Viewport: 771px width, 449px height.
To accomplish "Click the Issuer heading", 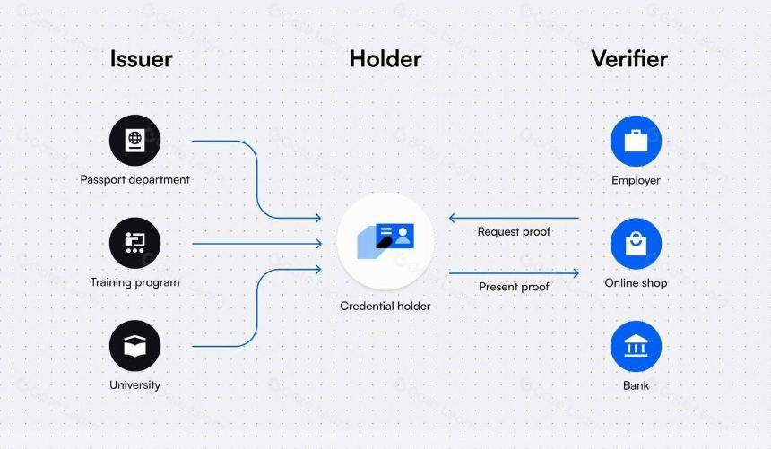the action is (x=141, y=59).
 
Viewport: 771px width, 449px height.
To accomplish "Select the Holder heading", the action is (x=385, y=59).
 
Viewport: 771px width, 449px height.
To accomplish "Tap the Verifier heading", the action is (x=629, y=59).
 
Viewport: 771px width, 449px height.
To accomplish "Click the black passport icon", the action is (x=134, y=141).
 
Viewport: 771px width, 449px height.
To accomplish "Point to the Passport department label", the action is (x=134, y=179).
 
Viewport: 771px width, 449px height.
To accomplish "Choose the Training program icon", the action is (x=134, y=243).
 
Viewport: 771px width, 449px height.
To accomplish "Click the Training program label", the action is (x=134, y=282).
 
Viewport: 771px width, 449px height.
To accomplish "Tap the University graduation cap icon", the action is (x=134, y=346).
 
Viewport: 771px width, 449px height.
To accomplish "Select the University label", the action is (x=134, y=384).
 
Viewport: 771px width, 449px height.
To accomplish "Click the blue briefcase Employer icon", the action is (x=636, y=141).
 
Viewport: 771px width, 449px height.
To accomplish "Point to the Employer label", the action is (x=636, y=180).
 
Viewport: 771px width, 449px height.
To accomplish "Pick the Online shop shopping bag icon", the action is (x=636, y=244).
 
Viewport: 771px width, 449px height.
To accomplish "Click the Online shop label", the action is (x=636, y=283).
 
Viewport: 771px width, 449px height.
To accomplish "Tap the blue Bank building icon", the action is (x=636, y=346).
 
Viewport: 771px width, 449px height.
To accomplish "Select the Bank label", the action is (x=636, y=385).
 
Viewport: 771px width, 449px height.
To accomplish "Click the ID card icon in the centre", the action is (x=385, y=241).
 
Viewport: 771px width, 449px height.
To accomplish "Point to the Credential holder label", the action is (x=385, y=306).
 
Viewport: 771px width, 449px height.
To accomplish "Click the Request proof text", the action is (x=514, y=231).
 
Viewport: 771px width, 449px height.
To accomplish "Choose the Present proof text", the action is (x=514, y=287).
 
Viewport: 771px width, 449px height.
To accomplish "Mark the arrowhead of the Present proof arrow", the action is (x=576, y=273).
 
